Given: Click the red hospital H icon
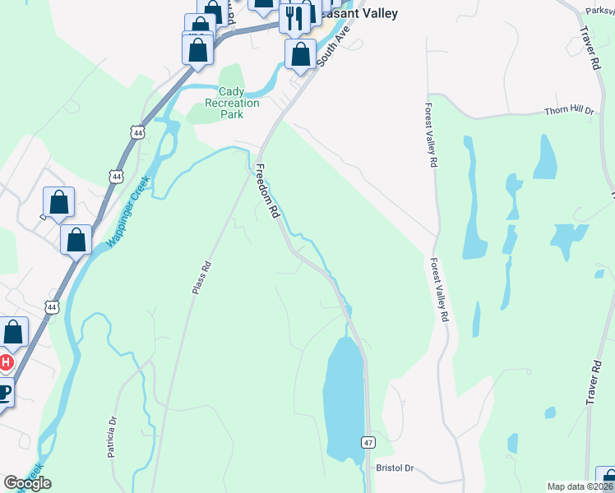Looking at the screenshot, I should (5, 362).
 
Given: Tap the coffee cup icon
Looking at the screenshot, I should (3, 392).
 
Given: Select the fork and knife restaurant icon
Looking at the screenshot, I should (294, 17).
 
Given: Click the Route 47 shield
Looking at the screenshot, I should (368, 443).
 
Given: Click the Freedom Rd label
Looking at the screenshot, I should (268, 191).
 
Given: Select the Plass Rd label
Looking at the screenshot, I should (202, 278).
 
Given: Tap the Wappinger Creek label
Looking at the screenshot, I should (127, 212).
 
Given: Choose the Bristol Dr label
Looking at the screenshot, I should (395, 468).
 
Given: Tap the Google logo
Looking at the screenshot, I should (27, 483).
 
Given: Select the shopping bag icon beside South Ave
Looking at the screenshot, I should (300, 54).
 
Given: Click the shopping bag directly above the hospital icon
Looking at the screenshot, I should (12, 333).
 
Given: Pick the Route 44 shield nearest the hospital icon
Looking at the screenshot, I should (53, 306).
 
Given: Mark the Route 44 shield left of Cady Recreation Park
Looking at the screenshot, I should (136, 131).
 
